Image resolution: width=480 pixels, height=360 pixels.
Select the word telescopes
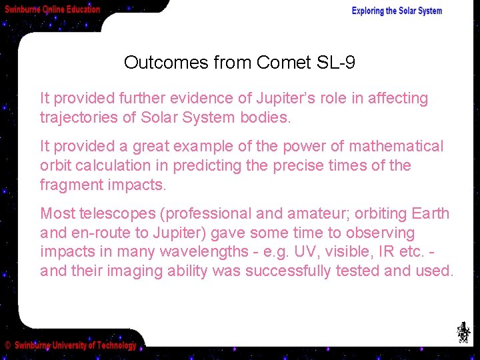pyautogui.click(x=117, y=214)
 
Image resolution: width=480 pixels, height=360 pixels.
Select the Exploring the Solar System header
pyautogui.click(x=397, y=11)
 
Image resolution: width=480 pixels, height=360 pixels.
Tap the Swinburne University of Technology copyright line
pyautogui.click(x=71, y=345)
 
